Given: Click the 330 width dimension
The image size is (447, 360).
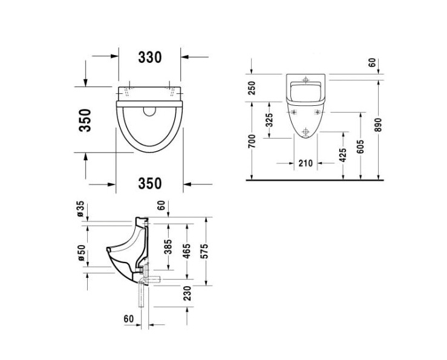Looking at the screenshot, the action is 150,57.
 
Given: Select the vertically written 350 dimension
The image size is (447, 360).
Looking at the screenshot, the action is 85,120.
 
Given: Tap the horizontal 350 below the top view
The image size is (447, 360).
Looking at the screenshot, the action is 150,183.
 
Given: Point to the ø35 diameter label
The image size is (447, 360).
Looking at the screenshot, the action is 80,209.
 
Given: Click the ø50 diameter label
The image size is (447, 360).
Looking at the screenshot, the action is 82,252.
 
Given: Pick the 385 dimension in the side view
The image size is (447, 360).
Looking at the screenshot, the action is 169,246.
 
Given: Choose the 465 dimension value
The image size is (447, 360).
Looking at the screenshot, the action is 186,251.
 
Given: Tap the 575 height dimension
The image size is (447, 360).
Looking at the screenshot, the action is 204,251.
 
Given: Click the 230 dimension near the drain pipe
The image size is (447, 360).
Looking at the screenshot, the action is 187,293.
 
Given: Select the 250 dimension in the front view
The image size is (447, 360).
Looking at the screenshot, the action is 252,88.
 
